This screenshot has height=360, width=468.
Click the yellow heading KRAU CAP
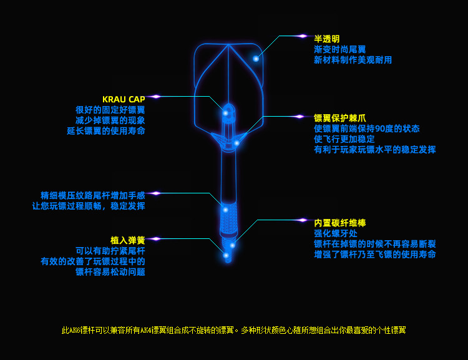(x=124, y=99)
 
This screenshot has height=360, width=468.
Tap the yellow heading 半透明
(x=326, y=39)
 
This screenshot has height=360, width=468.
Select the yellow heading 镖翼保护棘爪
(x=339, y=118)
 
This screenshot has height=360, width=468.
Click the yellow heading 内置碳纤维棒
(x=339, y=223)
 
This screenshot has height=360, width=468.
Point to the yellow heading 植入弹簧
(x=127, y=240)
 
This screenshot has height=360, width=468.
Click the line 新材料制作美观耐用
(x=353, y=60)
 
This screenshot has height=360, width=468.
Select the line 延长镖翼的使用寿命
(x=106, y=131)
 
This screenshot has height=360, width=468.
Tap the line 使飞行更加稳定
(x=344, y=139)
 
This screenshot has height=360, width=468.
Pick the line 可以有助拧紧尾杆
(x=110, y=251)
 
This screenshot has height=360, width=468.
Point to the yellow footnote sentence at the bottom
(x=233, y=330)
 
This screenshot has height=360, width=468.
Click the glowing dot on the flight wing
(x=256, y=59)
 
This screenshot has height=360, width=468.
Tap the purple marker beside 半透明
(x=303, y=36)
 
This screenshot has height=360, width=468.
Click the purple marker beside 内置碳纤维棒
(x=303, y=220)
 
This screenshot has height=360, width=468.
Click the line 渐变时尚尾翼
(x=339, y=49)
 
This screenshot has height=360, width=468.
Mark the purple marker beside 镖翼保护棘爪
(x=300, y=117)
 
